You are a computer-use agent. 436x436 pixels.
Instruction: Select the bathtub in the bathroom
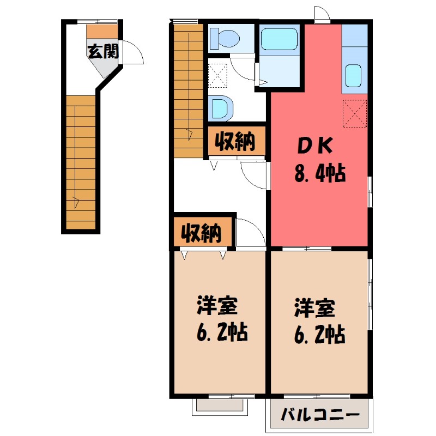click(x=278, y=39)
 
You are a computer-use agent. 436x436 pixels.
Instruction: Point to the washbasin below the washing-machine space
click(x=221, y=107)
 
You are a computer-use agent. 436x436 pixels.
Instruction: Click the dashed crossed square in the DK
click(x=355, y=114)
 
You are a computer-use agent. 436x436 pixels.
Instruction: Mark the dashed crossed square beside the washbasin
click(x=218, y=76)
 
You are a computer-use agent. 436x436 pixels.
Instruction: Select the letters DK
click(x=314, y=146)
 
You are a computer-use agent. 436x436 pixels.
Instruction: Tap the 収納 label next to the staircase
click(x=235, y=142)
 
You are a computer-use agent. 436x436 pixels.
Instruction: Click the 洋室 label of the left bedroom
click(x=216, y=306)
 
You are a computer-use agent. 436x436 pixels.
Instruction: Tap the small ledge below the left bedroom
click(x=221, y=405)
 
